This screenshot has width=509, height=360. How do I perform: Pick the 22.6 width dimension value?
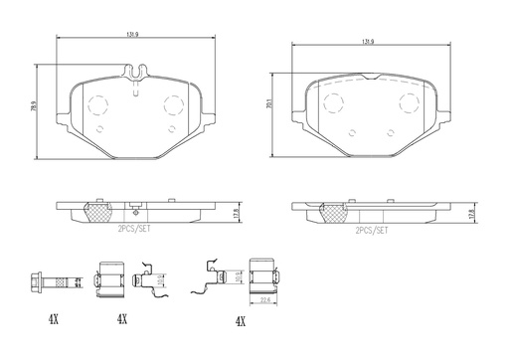click(x=266, y=301)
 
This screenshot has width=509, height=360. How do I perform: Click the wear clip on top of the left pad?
click(x=136, y=73)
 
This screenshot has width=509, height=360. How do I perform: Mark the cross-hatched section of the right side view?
click(x=333, y=211)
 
